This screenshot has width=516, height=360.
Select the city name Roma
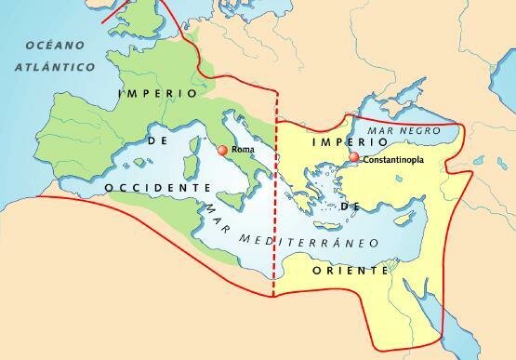242,149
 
